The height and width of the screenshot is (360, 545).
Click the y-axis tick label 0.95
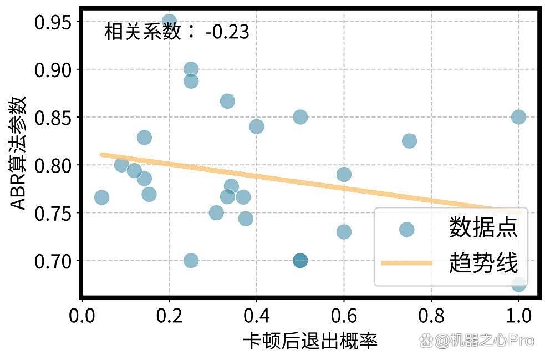pos(53,22)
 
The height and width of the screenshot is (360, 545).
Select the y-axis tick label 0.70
pos(53,261)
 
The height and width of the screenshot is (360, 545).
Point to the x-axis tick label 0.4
pos(257,316)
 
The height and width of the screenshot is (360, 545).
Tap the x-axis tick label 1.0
pos(518,316)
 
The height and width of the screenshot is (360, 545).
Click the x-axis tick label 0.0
pos(82,316)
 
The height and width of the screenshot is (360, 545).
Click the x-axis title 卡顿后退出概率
pos(310,341)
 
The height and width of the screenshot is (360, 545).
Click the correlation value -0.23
pos(227,32)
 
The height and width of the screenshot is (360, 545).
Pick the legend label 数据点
pos(483,227)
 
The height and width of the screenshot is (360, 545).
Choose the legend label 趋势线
pos(483,262)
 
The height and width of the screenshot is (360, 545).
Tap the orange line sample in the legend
pos(406,263)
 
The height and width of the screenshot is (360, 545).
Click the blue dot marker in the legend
pos(406,230)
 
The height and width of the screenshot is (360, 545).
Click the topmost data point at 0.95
pos(169,22)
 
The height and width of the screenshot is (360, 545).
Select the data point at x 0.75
pos(410,141)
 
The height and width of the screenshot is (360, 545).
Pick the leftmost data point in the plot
pos(101,197)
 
